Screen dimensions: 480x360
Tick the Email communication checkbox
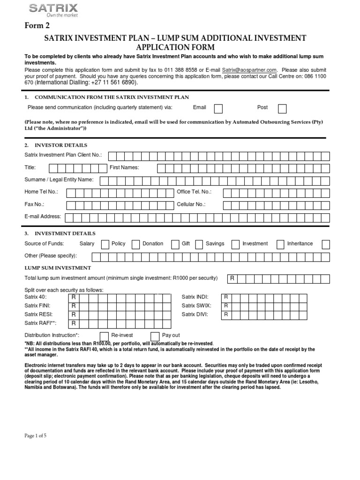(x=218, y=109)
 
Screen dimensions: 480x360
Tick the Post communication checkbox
(x=282, y=109)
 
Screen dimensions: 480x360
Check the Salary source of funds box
(x=105, y=244)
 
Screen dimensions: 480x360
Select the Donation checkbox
(x=175, y=244)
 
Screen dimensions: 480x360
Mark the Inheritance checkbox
(x=325, y=244)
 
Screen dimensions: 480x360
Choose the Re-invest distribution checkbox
(x=104, y=336)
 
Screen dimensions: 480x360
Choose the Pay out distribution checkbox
(x=155, y=336)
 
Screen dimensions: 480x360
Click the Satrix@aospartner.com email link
(x=249, y=69)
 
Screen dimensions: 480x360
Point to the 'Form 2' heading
(x=37, y=25)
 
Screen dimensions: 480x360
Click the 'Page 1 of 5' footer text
(x=35, y=435)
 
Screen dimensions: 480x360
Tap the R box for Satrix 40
(x=74, y=297)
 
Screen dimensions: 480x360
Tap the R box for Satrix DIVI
(x=226, y=315)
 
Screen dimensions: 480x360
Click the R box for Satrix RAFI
(x=74, y=323)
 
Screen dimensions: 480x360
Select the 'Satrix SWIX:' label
(x=195, y=306)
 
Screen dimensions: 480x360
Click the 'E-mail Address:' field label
(x=43, y=217)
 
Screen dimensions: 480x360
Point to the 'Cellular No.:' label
(x=191, y=204)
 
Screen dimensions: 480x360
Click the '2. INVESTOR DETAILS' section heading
(x=56, y=145)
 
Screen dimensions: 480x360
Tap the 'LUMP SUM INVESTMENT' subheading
(x=58, y=268)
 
